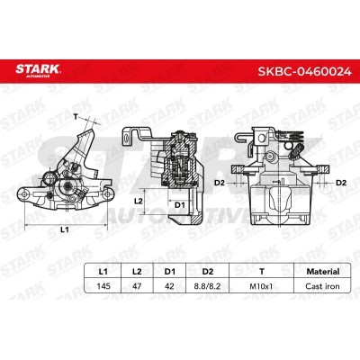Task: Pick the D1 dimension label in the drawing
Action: click(179, 205)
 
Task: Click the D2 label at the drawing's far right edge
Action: click(340, 182)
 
